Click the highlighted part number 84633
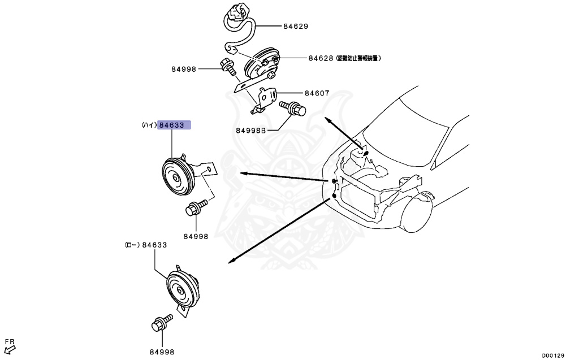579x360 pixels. point(174,125)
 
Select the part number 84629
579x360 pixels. point(296,27)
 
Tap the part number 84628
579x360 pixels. point(321,58)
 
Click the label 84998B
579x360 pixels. point(250,131)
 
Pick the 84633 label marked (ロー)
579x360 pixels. point(154,245)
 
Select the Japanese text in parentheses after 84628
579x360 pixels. point(358,58)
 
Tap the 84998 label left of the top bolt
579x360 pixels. point(184,70)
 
